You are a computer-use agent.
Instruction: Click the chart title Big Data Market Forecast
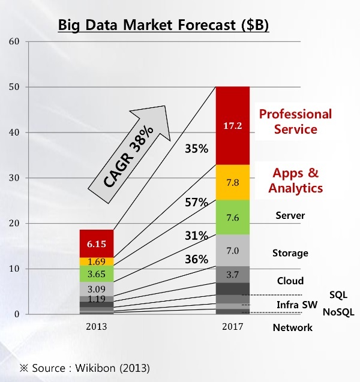(163, 25)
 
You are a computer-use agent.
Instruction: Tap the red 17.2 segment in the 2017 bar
(233, 126)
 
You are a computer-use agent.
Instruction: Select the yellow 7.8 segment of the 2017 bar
(233, 182)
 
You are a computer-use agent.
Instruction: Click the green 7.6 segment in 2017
(233, 217)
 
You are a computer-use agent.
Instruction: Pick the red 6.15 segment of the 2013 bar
(97, 243)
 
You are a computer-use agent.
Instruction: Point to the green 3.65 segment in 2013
(97, 274)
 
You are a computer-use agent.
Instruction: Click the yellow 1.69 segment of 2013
(97, 261)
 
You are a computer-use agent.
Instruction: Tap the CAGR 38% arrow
(129, 154)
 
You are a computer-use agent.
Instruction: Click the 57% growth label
(196, 202)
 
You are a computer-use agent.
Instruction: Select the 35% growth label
(196, 149)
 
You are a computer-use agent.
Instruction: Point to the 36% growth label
(196, 259)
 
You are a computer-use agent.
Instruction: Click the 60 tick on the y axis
(14, 41)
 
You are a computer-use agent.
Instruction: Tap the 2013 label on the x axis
(97, 327)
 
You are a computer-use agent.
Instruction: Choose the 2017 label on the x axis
(233, 327)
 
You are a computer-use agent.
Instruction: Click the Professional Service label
(295, 121)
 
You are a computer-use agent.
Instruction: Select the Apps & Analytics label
(295, 181)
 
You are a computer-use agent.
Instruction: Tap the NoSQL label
(338, 312)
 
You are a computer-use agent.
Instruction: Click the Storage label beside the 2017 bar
(290, 253)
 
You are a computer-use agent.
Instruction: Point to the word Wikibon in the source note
(95, 368)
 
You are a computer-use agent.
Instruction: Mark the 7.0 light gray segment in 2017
(233, 251)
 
